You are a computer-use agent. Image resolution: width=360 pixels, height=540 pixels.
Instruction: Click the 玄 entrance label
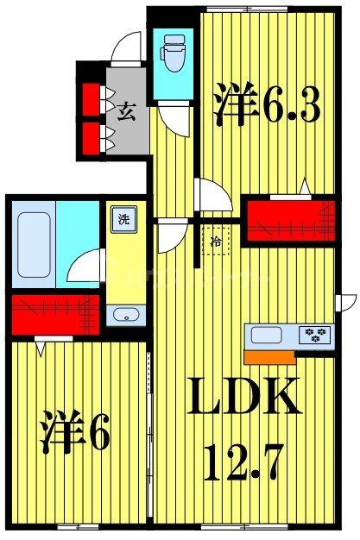coord(126,111)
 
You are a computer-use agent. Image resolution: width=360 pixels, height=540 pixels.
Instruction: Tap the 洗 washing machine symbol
coord(123,218)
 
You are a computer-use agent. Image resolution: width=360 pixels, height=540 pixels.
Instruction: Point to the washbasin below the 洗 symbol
coord(126,315)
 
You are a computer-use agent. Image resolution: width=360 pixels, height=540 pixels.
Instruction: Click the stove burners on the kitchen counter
coord(312,335)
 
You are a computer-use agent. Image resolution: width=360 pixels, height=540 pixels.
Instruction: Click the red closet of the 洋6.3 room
coord(289,220)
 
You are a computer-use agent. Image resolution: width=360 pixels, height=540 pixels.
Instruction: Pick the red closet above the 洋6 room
coord(54,315)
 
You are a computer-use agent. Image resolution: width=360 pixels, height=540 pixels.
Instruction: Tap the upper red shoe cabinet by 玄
coord(90,97)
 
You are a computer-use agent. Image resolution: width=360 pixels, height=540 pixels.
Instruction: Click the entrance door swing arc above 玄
coord(129,46)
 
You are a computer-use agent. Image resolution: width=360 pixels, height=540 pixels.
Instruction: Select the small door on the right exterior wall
coord(347,305)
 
